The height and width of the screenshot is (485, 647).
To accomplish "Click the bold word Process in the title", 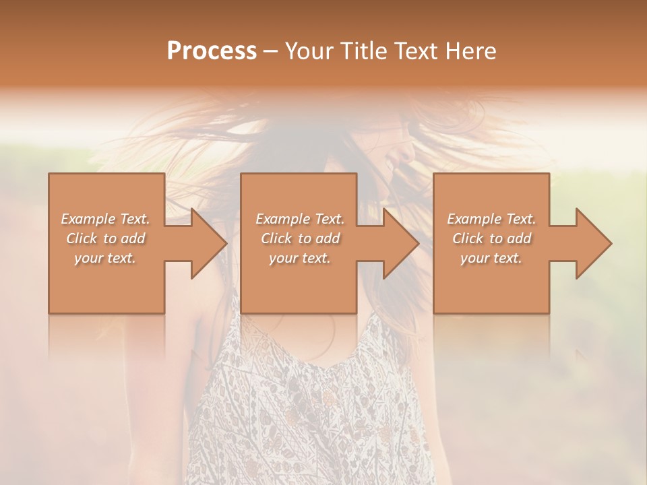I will (x=212, y=51).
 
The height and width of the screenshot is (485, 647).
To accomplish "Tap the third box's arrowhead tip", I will (x=611, y=243).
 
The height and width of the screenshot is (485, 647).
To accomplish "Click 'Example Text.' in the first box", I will (x=105, y=219).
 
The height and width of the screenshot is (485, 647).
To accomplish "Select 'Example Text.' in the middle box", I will (x=300, y=219).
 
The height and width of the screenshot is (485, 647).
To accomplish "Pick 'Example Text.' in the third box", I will (x=491, y=219).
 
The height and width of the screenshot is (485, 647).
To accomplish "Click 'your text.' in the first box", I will (x=105, y=258).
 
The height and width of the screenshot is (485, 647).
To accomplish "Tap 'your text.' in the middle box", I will (x=300, y=258).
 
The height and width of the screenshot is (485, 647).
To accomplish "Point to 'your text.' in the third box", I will (x=491, y=258).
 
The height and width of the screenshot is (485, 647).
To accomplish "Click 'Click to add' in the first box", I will (x=105, y=238).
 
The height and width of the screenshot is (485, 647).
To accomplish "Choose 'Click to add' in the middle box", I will (x=300, y=238).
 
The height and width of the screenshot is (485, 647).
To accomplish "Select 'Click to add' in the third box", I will (x=491, y=238).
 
